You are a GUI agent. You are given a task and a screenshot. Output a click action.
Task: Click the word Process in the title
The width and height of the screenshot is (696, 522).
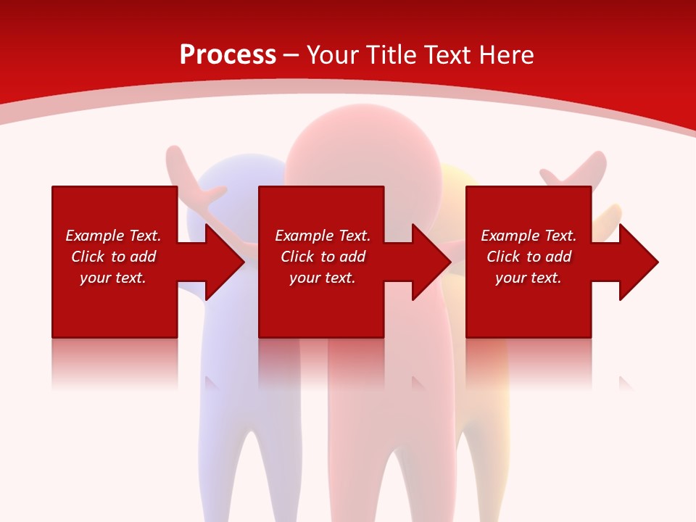coord(228,55)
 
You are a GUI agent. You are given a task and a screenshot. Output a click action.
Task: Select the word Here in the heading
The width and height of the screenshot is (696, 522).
coord(504,55)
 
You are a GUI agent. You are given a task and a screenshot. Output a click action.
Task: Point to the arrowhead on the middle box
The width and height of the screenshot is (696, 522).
coord(431,262)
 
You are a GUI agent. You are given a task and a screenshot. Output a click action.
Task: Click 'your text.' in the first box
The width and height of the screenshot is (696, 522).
coord(113,278)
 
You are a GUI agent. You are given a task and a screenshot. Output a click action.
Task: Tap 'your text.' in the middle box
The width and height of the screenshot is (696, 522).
coord(323,278)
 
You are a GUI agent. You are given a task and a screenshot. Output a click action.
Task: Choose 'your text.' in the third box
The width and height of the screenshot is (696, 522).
coord(529,278)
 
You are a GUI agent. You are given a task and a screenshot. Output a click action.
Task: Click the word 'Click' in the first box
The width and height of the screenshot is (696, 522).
coord(88,257)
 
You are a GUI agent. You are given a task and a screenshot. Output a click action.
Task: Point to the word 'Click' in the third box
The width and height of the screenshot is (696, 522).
coord(503,257)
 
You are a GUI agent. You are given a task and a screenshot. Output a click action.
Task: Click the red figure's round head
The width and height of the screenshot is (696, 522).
coord(362,152)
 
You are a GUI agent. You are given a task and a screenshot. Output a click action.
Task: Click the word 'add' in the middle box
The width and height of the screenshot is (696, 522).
coord(352,257)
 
